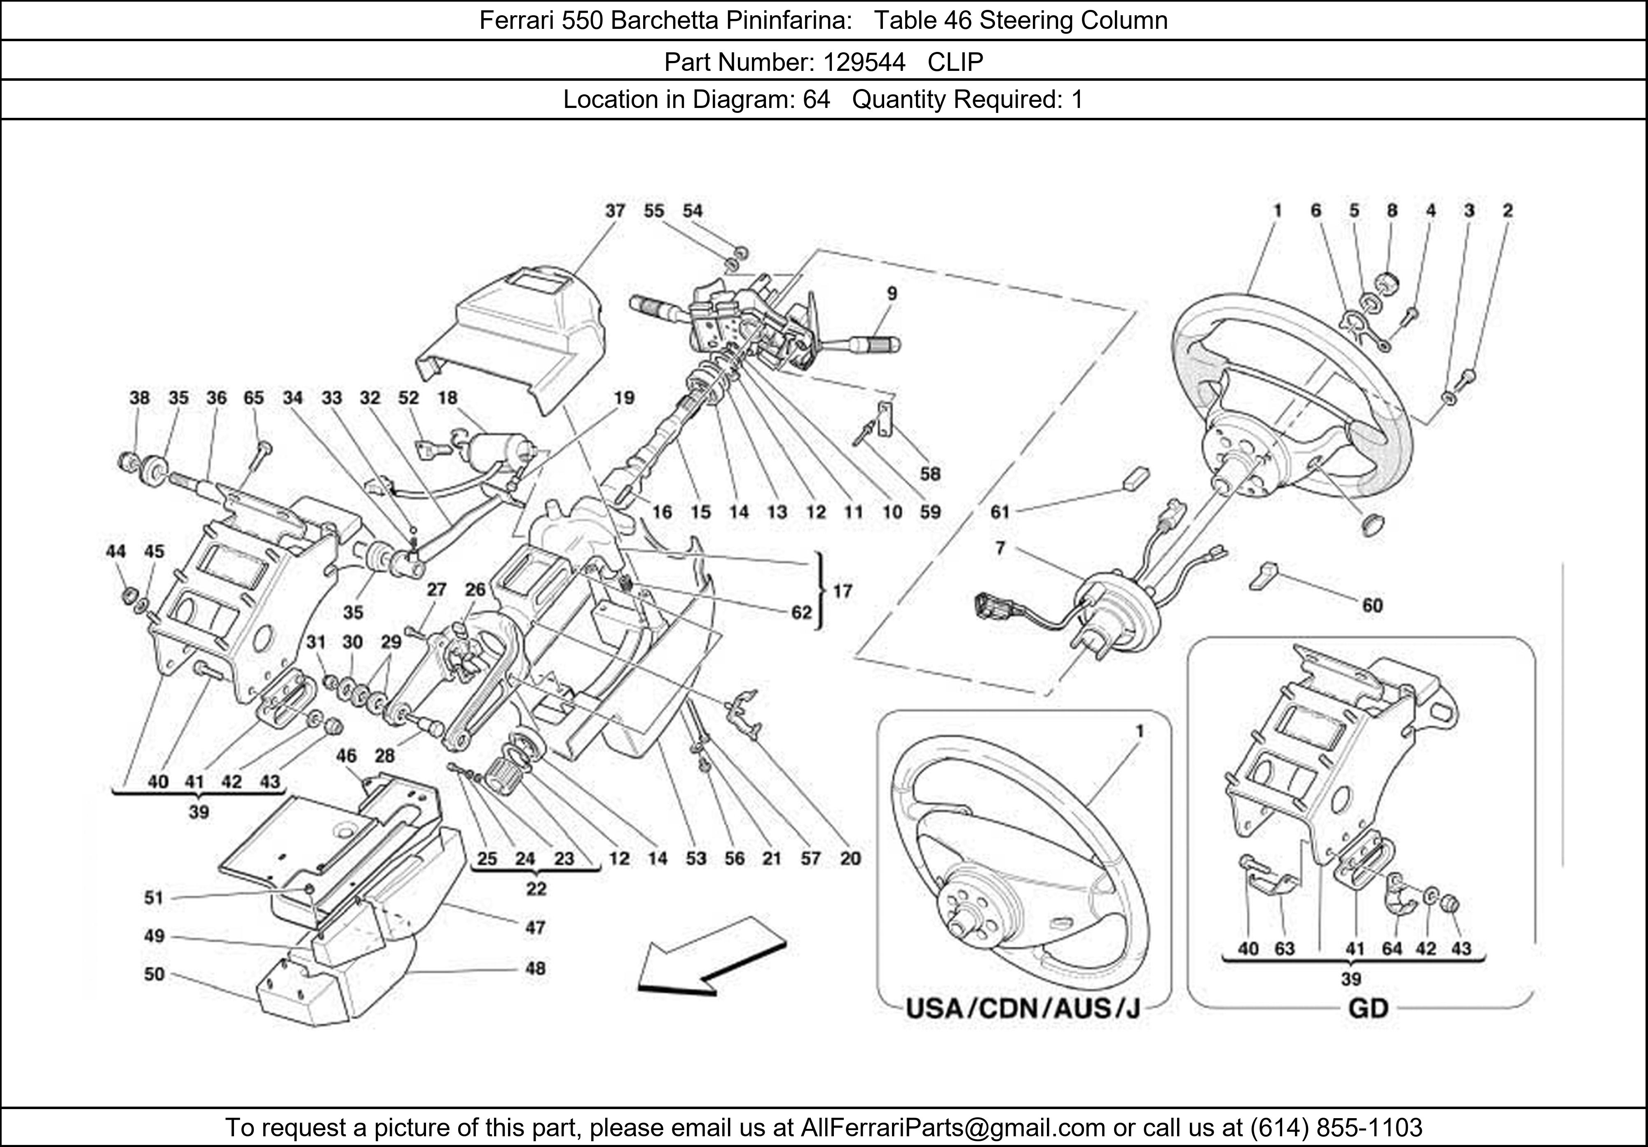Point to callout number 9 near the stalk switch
(x=892, y=294)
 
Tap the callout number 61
(x=1000, y=512)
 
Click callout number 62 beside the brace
(x=801, y=612)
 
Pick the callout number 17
(x=843, y=591)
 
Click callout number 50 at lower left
(x=154, y=974)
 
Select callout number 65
(x=254, y=398)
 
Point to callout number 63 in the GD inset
(x=1284, y=949)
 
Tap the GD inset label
(x=1368, y=1009)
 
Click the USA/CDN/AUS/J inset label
(x=1023, y=1009)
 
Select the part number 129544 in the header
(x=864, y=63)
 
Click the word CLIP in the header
(x=955, y=63)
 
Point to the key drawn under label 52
(x=432, y=449)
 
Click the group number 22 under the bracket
(x=536, y=889)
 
